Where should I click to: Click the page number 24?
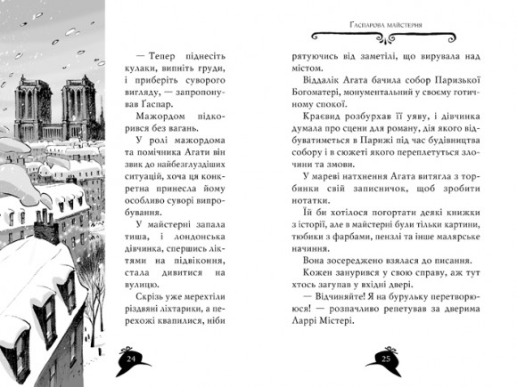[x=131, y=358]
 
